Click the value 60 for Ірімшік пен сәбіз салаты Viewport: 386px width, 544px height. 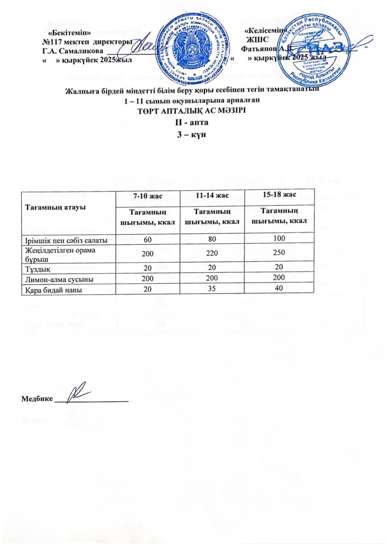pos(148,240)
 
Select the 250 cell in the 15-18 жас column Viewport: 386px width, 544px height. pos(279,253)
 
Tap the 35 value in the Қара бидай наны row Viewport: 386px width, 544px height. pos(212,289)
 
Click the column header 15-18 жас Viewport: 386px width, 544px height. pos(279,194)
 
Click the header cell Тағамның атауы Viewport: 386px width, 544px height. pos(55,207)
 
